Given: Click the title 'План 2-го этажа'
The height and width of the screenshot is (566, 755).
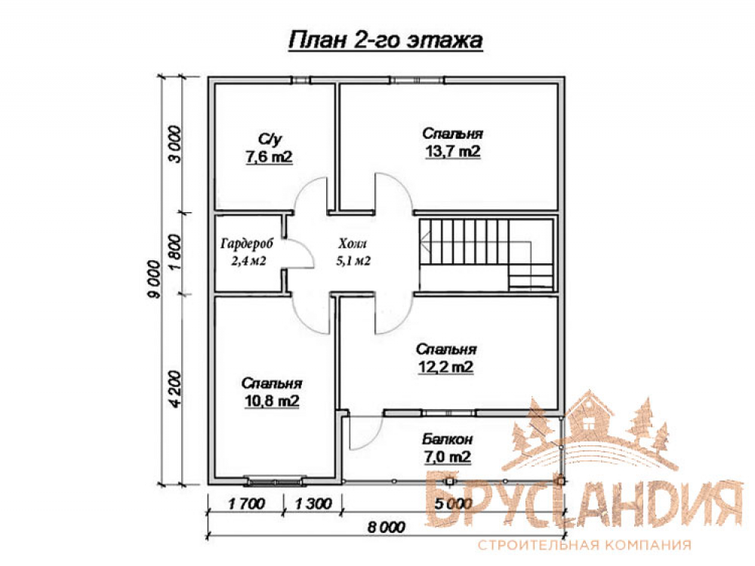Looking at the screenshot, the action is pos(386,41).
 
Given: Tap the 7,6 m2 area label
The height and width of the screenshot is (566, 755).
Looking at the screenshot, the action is pos(270,157).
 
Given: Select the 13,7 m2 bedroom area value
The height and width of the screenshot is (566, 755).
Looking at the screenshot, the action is pos(452,151).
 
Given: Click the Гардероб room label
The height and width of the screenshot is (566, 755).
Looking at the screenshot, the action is pos(247,244).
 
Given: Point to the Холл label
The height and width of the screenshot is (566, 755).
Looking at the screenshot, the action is pos(353,243).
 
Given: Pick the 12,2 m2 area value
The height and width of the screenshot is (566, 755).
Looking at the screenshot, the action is pos(446,368).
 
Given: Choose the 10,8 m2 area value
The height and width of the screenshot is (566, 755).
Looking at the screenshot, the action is pos(272,401).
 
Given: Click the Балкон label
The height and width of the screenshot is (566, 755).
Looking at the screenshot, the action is pos(447,439).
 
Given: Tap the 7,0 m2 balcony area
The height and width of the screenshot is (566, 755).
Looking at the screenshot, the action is pos(447,457).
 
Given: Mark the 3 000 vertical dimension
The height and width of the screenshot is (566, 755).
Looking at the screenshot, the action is pos(175,144).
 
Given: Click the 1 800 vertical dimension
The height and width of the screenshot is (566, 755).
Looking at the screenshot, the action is pos(175,252).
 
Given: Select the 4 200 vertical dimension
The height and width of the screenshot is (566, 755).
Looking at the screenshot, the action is pos(175,389).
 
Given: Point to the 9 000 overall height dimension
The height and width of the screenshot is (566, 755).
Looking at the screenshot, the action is pos(154,279).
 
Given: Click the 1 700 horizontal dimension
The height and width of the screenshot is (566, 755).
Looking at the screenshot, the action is pos(247,504).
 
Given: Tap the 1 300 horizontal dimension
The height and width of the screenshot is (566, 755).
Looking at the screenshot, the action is pos(313,504).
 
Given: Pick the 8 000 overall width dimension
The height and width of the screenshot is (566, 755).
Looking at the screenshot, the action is pos(387,527).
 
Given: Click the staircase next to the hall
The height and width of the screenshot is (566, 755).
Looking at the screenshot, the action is pos(486,255).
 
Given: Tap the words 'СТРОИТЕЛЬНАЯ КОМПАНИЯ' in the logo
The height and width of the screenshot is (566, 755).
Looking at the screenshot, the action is pos(584,546).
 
